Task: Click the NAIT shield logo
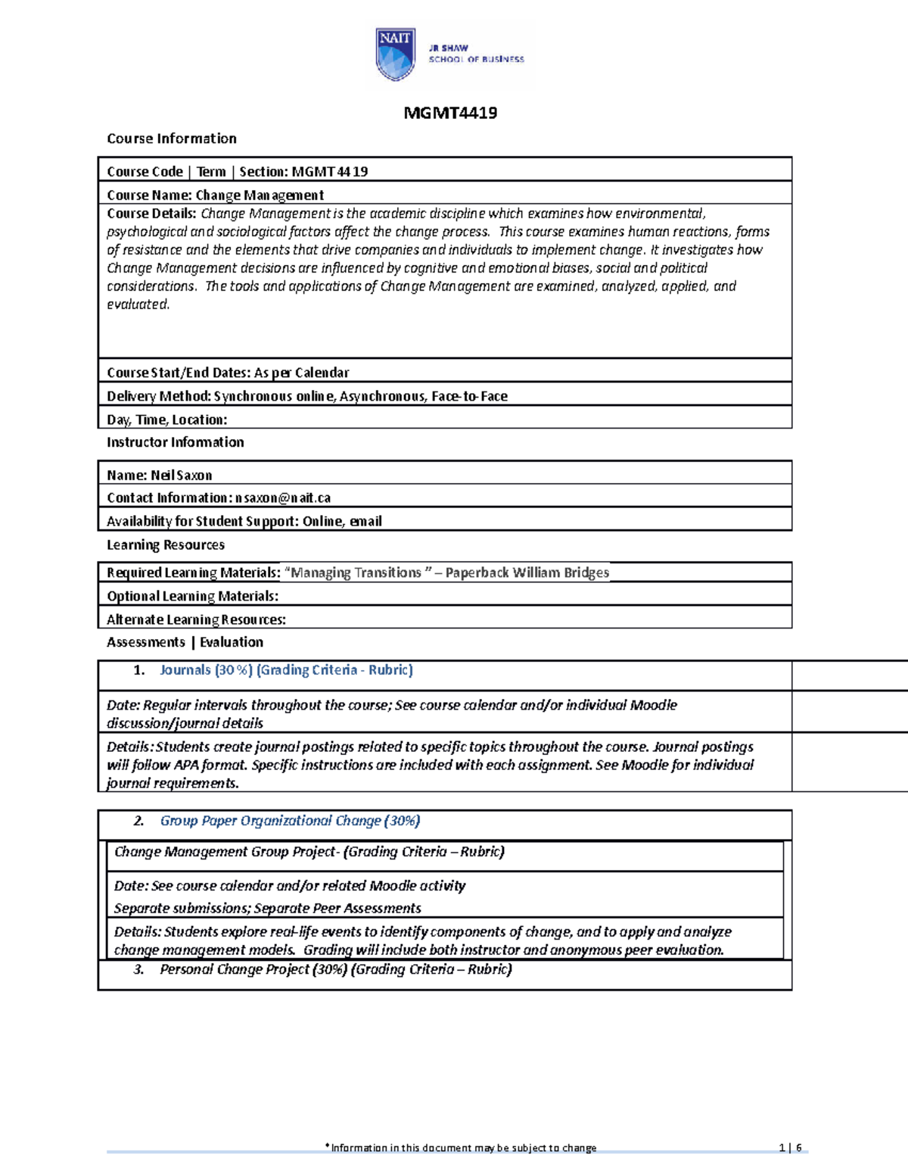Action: click(395, 54)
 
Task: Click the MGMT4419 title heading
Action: click(450, 114)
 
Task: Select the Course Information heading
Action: click(172, 139)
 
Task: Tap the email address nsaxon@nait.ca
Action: click(283, 498)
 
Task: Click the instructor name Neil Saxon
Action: click(181, 476)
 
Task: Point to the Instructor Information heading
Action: click(175, 442)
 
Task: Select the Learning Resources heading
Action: click(165, 545)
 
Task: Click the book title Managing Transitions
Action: click(356, 573)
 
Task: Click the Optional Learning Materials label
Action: click(192, 597)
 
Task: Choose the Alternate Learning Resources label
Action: click(196, 620)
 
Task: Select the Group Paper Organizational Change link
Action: click(290, 821)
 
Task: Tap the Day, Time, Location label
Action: click(166, 420)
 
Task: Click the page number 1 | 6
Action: click(790, 1148)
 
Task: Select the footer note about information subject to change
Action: click(461, 1148)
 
